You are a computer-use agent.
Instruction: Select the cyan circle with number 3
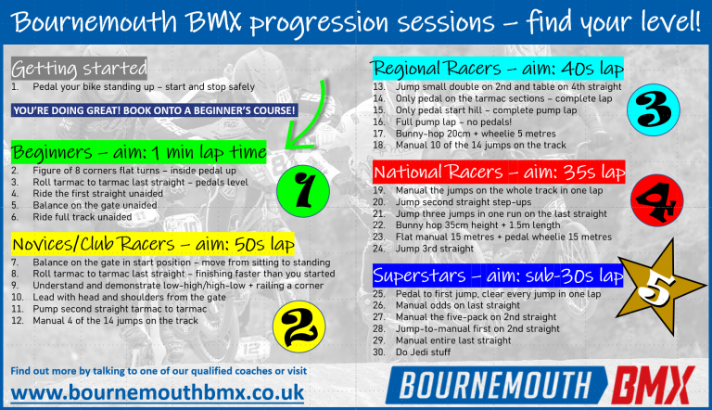pyautogui.click(x=655, y=118)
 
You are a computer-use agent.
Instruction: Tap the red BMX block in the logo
pyautogui.click(x=653, y=381)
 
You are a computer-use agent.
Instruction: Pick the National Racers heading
pyautogui.click(x=498, y=173)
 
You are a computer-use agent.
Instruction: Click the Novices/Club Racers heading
pyautogui.click(x=153, y=245)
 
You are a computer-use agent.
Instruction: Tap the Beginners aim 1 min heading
pyautogui.click(x=139, y=152)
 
